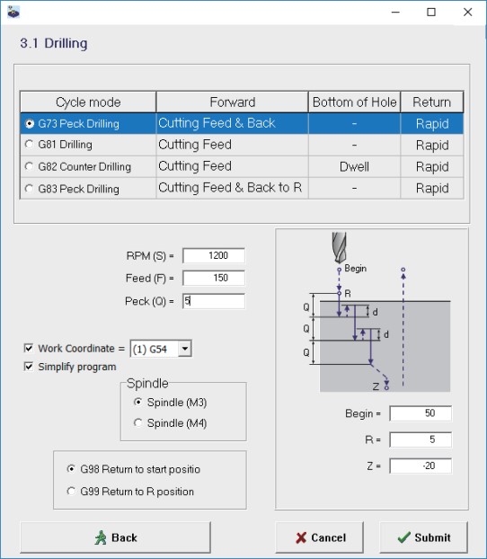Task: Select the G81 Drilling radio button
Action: pos(29,145)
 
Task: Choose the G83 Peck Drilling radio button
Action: pos(29,189)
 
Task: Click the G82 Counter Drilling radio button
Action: pos(29,166)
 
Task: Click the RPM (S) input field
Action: pos(214,255)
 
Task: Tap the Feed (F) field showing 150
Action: pos(214,278)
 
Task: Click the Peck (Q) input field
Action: pos(214,301)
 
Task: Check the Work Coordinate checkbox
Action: pos(29,348)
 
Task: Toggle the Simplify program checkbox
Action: pos(29,367)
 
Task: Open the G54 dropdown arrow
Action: pos(185,349)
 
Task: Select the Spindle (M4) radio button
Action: pos(138,422)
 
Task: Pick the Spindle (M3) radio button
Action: pos(138,402)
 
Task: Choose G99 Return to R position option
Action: pos(71,492)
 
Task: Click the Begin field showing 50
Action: pos(421,413)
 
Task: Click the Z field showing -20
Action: pos(421,466)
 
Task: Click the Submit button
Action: pos(423,537)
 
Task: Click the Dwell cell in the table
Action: pos(354,166)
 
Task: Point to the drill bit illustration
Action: pos(339,247)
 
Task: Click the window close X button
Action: pos(468,12)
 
